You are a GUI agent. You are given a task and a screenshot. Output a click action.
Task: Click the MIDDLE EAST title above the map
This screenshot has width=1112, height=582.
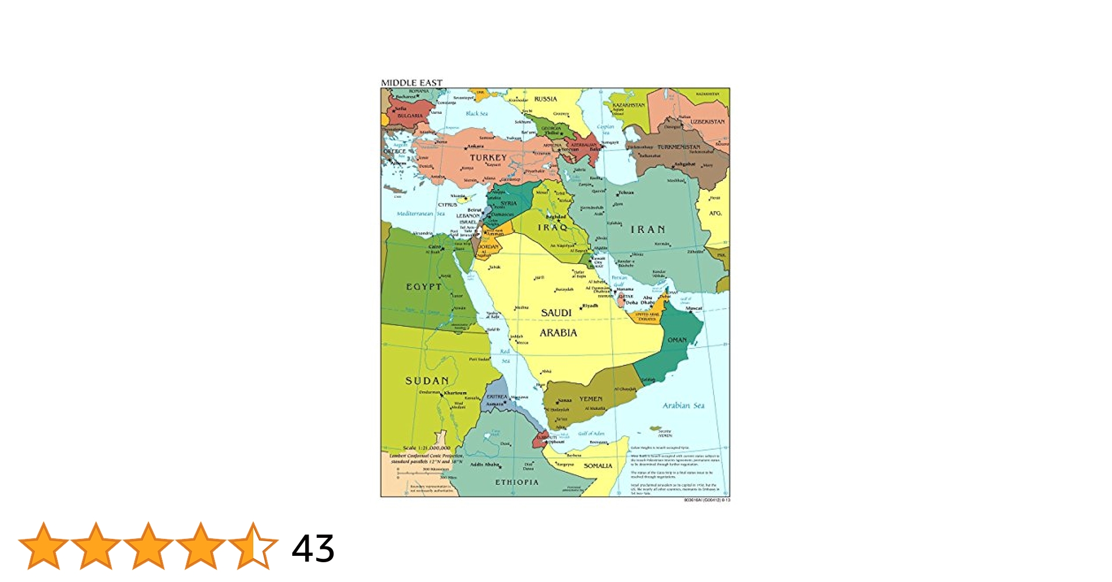point(412,83)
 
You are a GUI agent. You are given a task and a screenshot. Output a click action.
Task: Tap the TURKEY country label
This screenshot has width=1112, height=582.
point(488,158)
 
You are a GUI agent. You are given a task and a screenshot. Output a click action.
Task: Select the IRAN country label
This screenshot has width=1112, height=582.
point(647,230)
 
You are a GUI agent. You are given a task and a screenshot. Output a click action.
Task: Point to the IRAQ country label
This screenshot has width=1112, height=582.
point(553,228)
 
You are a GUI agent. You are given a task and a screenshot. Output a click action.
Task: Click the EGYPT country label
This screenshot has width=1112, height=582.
point(424,287)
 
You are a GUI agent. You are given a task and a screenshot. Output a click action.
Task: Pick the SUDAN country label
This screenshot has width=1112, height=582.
point(427,381)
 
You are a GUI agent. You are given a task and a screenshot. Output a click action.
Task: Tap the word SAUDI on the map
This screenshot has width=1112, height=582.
point(556,313)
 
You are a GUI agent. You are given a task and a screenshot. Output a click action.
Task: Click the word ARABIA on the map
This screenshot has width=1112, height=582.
point(558,333)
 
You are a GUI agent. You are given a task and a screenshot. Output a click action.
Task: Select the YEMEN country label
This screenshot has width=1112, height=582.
point(590,399)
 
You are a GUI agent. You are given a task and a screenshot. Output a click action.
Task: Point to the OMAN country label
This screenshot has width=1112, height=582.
point(677,340)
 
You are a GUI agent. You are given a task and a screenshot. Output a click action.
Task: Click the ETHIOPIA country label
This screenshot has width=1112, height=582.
point(516,482)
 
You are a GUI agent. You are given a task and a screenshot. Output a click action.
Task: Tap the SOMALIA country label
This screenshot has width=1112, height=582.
point(598,466)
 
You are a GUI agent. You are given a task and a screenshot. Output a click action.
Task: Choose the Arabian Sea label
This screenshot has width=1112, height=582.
point(683,406)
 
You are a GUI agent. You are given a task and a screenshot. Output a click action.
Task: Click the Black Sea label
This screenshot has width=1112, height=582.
point(477,113)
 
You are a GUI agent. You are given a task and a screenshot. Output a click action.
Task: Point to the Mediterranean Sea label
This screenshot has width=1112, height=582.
point(420,214)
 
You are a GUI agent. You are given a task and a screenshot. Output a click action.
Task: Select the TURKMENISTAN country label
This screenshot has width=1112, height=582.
point(679,147)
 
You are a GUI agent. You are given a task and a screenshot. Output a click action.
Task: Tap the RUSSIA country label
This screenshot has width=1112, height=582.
point(546,99)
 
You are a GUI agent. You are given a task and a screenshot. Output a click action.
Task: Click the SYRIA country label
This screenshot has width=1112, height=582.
point(508,203)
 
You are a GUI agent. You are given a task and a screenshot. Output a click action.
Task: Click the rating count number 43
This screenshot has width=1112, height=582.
point(313,548)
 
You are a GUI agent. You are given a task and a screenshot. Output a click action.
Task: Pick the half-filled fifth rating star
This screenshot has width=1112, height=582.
point(253,546)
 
